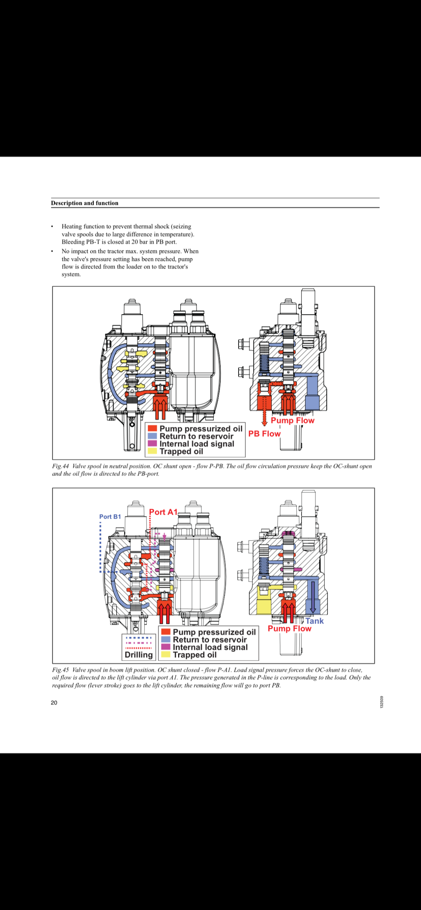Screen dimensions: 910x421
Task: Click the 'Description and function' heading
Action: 84,203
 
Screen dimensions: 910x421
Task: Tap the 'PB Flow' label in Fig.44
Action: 264,434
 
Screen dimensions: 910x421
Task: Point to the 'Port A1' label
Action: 163,512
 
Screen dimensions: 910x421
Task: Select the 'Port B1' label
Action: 110,517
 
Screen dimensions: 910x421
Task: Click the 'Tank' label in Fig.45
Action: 314,621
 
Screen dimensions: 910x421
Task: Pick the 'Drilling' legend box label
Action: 138,655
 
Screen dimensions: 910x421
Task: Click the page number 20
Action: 54,703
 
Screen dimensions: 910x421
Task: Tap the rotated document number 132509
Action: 381,702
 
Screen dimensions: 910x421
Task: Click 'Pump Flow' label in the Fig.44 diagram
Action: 292,420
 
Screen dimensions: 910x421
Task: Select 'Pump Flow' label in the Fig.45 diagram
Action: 290,629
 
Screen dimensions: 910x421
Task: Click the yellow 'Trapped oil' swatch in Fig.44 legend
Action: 152,451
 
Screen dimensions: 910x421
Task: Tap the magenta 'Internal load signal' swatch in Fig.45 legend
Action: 166,647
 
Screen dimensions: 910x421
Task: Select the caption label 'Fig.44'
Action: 60,466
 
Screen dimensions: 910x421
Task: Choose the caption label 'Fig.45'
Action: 60,670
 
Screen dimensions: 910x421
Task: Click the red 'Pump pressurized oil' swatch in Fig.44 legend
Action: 152,428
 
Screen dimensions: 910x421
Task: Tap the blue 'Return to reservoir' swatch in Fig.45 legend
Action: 166,640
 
